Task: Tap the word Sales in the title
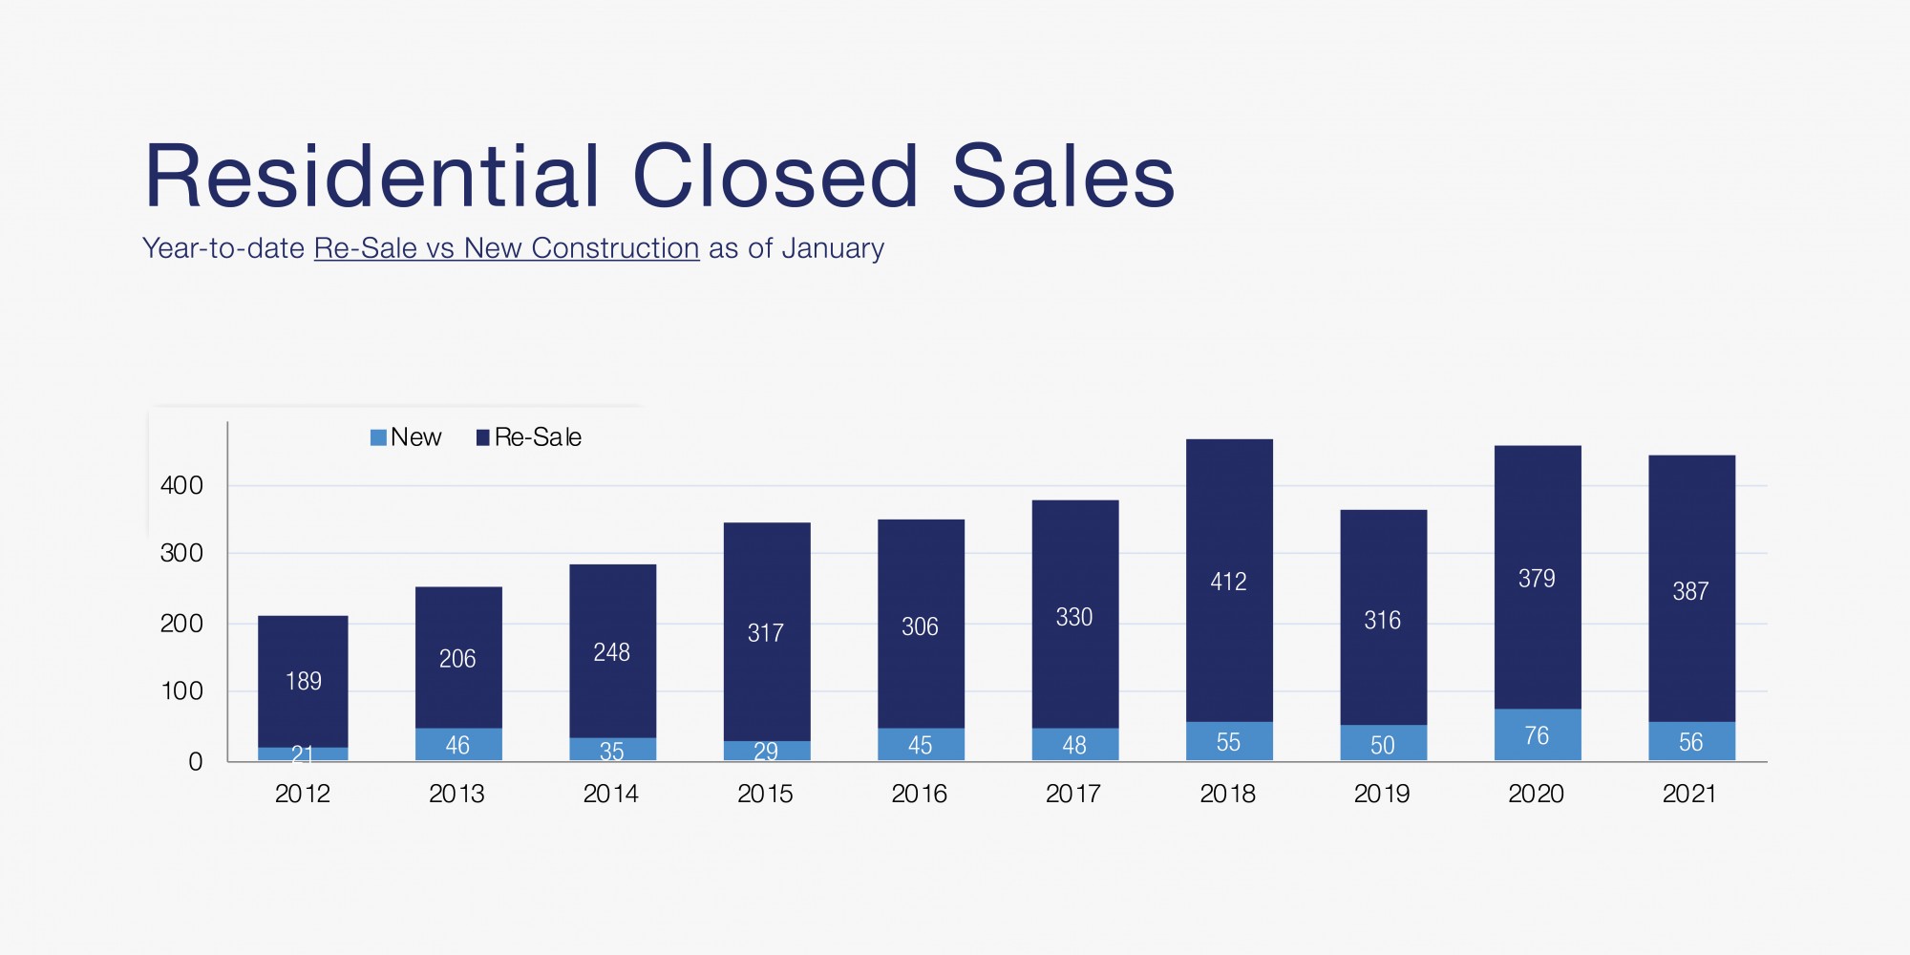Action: pyautogui.click(x=1063, y=177)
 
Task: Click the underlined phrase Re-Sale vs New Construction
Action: pyautogui.click(x=506, y=248)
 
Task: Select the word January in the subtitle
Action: pyautogui.click(x=833, y=248)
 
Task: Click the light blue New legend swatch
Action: pyautogui.click(x=378, y=437)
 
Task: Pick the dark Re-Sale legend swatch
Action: pyautogui.click(x=482, y=437)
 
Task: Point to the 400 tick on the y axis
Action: pyautogui.click(x=181, y=485)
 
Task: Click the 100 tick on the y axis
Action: pyautogui.click(x=181, y=690)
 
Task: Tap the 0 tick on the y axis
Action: pyautogui.click(x=196, y=761)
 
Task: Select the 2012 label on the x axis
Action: pyautogui.click(x=302, y=794)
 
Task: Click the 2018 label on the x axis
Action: pyautogui.click(x=1227, y=794)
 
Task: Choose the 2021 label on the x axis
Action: pyautogui.click(x=1689, y=794)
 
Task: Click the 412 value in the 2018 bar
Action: pyautogui.click(x=1228, y=582)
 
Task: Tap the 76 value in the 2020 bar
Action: pyautogui.click(x=1537, y=735)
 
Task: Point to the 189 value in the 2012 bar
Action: pyautogui.click(x=303, y=681)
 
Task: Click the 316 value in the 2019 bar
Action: pyautogui.click(x=1382, y=621)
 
